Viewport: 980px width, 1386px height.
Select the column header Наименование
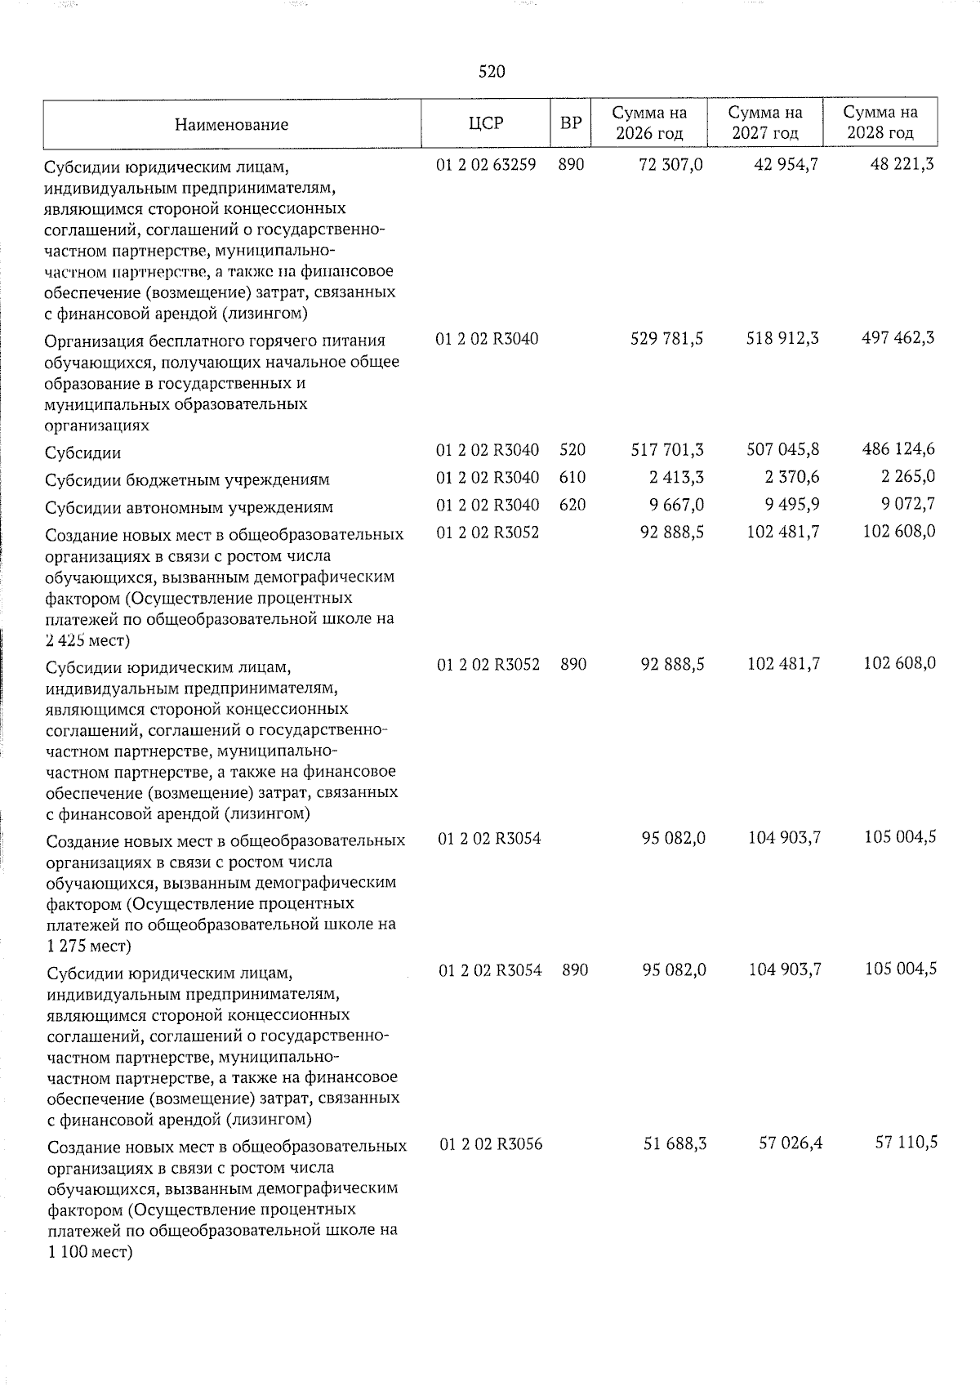pyautogui.click(x=231, y=125)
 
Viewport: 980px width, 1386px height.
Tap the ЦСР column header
pyautogui.click(x=486, y=123)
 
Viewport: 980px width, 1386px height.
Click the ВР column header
pyautogui.click(x=571, y=123)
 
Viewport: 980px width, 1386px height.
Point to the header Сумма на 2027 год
pyautogui.click(x=765, y=123)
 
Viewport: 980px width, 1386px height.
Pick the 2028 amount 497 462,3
pyautogui.click(x=898, y=338)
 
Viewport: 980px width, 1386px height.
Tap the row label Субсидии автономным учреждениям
pyautogui.click(x=189, y=507)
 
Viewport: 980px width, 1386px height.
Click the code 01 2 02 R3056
pyautogui.click(x=490, y=1144)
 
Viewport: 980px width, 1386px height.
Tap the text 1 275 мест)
pyautogui.click(x=88, y=946)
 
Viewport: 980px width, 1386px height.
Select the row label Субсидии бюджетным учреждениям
pyautogui.click(x=187, y=479)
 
